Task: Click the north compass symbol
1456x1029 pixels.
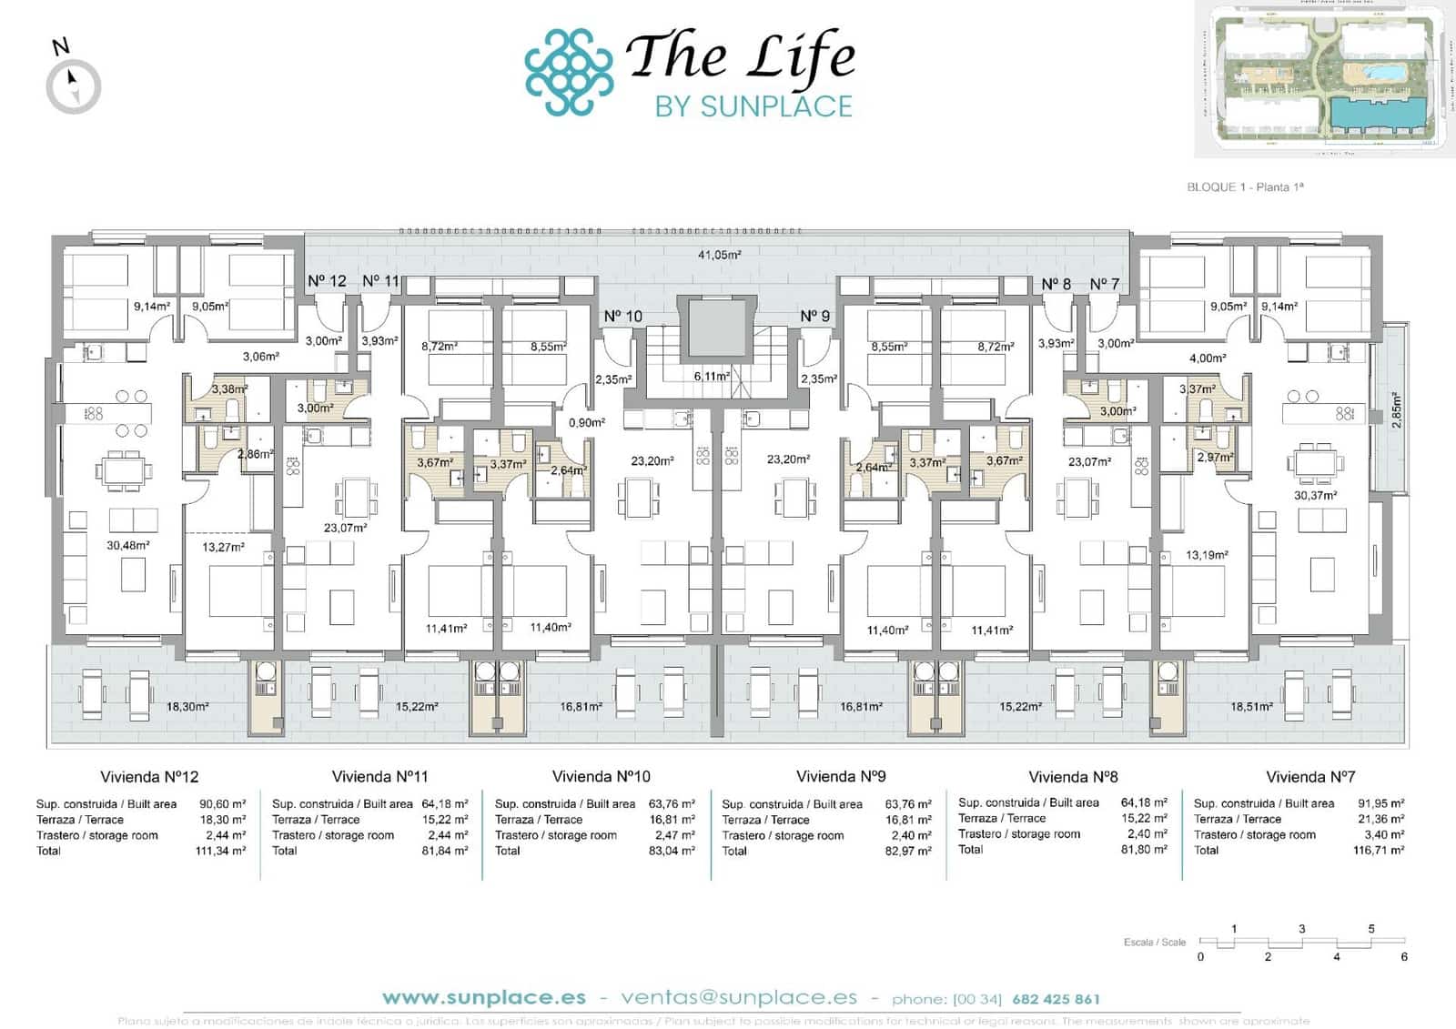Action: pyautogui.click(x=73, y=86)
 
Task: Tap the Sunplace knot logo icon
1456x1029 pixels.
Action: pyautogui.click(x=569, y=73)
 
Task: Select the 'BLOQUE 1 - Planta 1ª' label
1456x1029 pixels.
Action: pyautogui.click(x=1245, y=187)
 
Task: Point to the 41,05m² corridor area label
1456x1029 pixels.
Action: pyautogui.click(x=719, y=255)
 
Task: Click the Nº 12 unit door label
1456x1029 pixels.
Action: pyautogui.click(x=327, y=281)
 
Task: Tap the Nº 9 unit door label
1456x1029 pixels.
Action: pyautogui.click(x=814, y=317)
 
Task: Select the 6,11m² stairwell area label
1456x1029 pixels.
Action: pyautogui.click(x=712, y=376)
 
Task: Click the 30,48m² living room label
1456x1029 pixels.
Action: pyautogui.click(x=127, y=546)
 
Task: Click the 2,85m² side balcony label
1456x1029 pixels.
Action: pyautogui.click(x=1397, y=409)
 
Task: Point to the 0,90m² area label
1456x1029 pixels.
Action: pyautogui.click(x=587, y=423)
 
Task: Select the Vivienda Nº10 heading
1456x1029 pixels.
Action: pyautogui.click(x=602, y=777)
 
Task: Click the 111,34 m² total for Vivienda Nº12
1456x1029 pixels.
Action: pyautogui.click(x=220, y=852)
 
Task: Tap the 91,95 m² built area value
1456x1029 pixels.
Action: pyautogui.click(x=1380, y=804)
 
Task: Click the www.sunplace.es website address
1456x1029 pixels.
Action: pyautogui.click(x=484, y=998)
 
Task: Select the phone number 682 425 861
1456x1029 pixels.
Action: pyautogui.click(x=1056, y=999)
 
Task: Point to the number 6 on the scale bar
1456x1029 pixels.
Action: pyautogui.click(x=1404, y=957)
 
